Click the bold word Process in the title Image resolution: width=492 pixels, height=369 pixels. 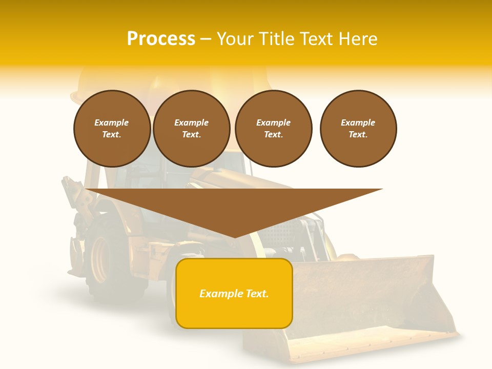click(x=161, y=39)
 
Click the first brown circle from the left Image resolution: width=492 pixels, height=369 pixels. click(x=112, y=129)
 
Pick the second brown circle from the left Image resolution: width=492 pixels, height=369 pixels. click(x=191, y=129)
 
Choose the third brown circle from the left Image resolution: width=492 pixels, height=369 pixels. click(x=273, y=129)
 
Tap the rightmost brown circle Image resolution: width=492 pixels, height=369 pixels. click(x=358, y=129)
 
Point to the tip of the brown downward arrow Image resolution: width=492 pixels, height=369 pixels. click(x=234, y=237)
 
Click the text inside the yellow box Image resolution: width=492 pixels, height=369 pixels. click(x=234, y=294)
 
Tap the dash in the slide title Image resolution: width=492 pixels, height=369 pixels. click(x=206, y=39)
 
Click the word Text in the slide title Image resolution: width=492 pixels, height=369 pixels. click(x=316, y=39)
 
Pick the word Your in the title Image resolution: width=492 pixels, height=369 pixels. click(x=235, y=39)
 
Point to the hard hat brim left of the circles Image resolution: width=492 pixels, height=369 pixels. click(x=77, y=96)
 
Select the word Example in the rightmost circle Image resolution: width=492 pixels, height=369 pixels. click(x=358, y=122)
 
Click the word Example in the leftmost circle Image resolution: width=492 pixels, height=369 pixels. click(x=112, y=122)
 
